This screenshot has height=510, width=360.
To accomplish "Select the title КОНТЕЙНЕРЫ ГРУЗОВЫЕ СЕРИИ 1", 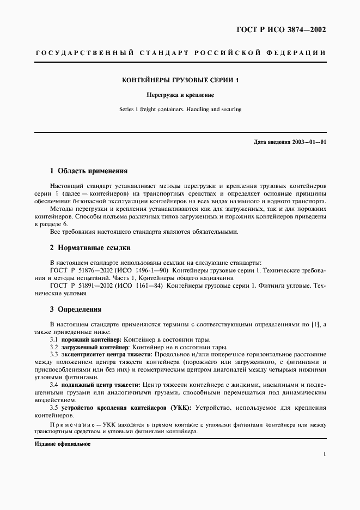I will pyautogui.click(x=180, y=80).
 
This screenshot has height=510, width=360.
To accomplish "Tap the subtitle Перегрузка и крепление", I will pyautogui.click(x=180, y=95).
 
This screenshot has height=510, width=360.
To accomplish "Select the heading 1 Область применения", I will pyautogui.click(x=88, y=170).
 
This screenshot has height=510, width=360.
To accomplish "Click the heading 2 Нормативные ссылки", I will pyautogui.click(x=90, y=247).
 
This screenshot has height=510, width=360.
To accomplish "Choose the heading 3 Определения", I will pyautogui.click(x=76, y=309).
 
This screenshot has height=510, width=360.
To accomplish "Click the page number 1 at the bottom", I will pyautogui.click(x=325, y=454).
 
